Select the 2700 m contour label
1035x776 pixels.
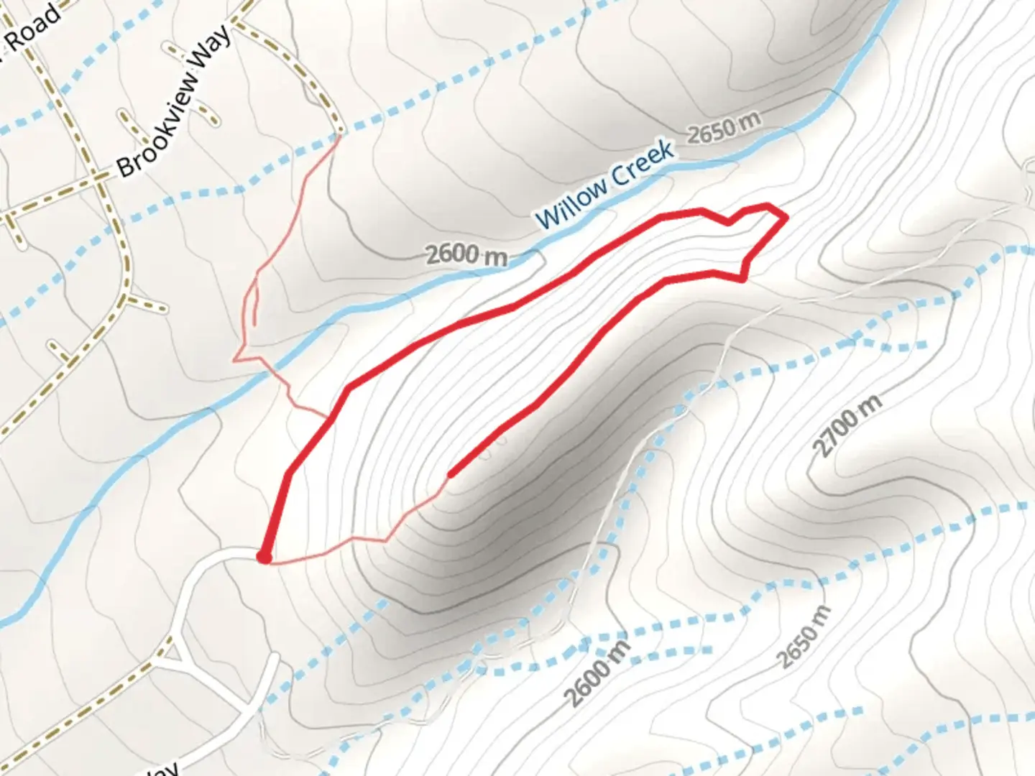[847, 426]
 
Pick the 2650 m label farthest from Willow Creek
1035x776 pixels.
[804, 638]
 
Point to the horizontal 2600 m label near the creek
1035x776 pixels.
[466, 254]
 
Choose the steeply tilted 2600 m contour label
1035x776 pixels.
[597, 673]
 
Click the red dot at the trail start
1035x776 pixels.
[264, 557]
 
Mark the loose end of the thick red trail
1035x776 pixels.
[451, 474]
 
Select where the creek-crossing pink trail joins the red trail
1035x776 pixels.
[328, 417]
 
